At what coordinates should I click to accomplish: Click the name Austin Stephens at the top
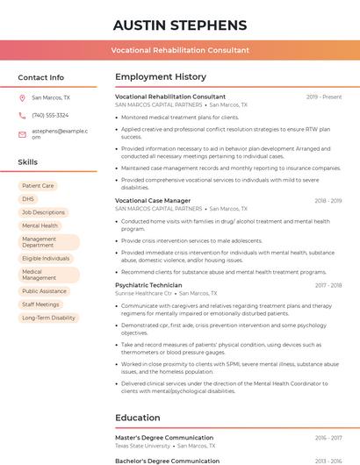pos(180,25)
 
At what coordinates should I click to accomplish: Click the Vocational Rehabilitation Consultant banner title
pos(180,50)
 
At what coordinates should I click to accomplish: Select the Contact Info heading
pos(41,77)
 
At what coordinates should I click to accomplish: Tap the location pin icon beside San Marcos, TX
pos(22,98)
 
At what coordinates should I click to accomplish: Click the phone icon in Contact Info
pos(22,115)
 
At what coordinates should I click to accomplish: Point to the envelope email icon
pos(22,134)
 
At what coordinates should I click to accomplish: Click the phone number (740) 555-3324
pos(50,115)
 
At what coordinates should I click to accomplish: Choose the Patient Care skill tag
pos(38,186)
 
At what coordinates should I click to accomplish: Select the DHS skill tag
pos(28,199)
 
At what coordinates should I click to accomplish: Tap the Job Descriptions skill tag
pos(43,212)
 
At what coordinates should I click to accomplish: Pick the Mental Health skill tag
pos(40,225)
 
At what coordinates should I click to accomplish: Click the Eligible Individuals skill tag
pos(46,259)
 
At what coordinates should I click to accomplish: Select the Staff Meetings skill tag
pos(40,304)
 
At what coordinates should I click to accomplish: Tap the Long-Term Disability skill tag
pos(48,318)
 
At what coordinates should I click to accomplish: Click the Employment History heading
pos(161,77)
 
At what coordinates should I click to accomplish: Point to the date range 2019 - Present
pos(324,97)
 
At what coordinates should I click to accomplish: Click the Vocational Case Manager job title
pos(153,201)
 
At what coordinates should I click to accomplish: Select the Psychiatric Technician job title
pos(148,285)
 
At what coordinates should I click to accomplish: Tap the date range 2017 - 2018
pos(328,285)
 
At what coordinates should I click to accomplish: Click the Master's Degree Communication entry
pos(164,438)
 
